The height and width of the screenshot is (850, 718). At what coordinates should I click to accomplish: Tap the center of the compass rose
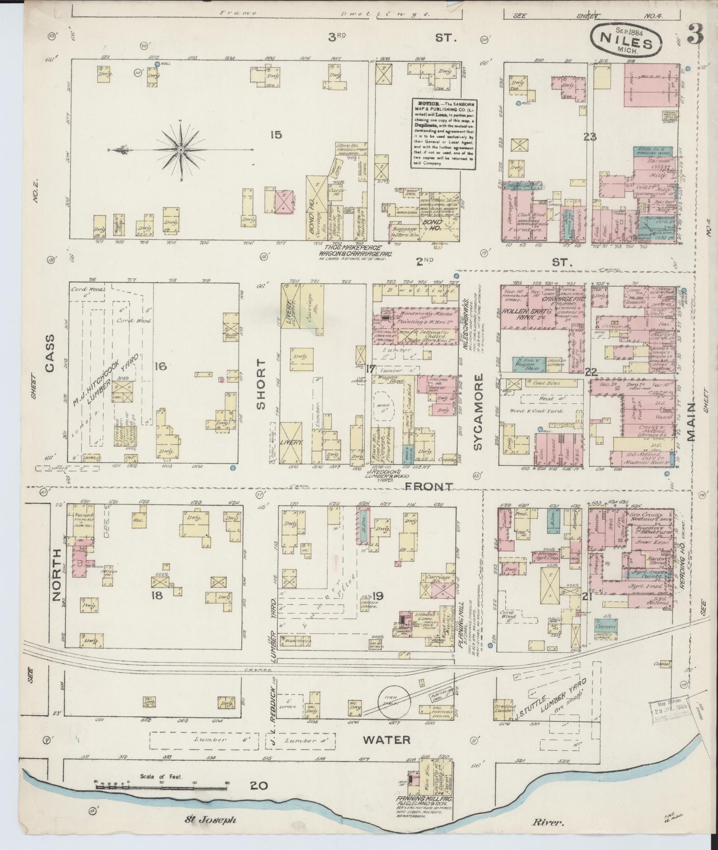click(x=180, y=150)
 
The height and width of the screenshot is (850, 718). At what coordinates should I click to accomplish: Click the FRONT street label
click(x=429, y=487)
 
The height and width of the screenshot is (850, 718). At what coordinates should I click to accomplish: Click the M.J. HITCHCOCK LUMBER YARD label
click(x=107, y=379)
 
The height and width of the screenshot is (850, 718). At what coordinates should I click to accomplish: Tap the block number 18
click(x=157, y=595)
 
